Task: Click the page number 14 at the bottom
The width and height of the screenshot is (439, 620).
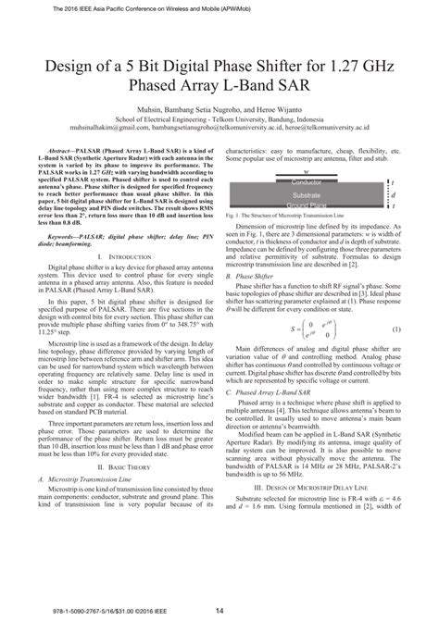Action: click(x=219, y=609)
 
